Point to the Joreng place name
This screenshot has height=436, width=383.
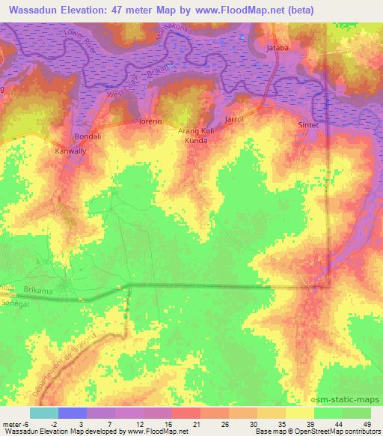click(x=151, y=120)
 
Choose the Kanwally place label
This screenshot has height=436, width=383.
click(x=71, y=151)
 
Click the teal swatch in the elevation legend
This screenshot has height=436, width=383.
click(x=43, y=413)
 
